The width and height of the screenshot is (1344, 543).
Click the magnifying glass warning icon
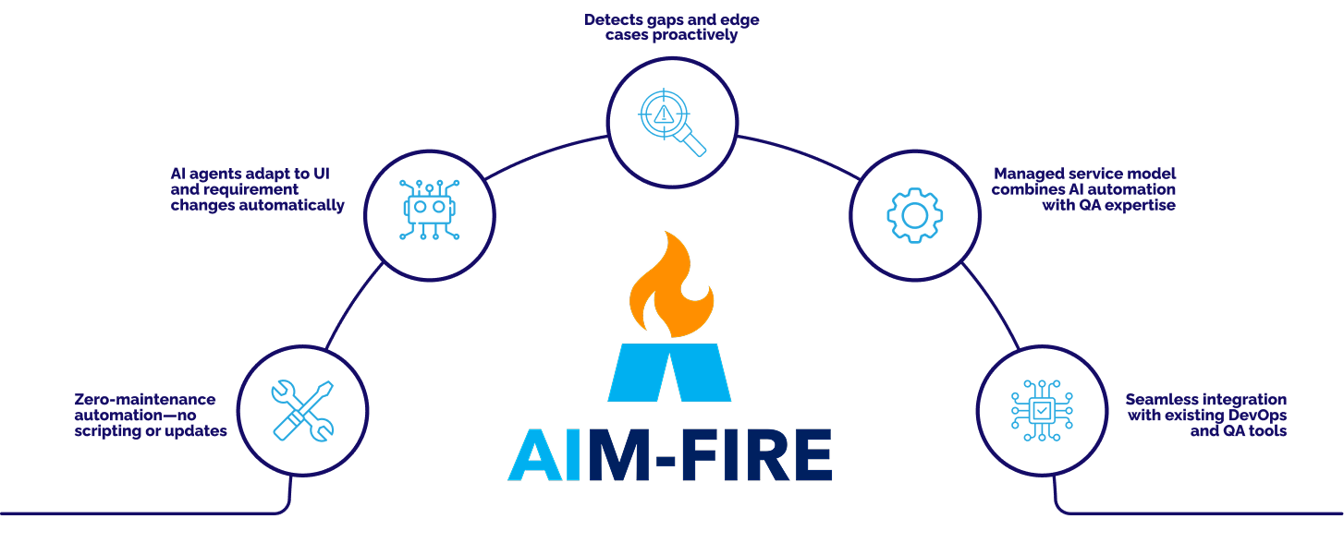tap(672, 122)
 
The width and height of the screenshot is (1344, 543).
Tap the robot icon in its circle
tap(429, 213)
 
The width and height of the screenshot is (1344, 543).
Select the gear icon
tap(914, 215)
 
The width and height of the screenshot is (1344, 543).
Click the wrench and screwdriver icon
tap(302, 409)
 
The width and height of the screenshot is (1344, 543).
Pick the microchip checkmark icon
tap(1041, 410)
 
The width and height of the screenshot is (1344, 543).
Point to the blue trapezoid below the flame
tap(669, 372)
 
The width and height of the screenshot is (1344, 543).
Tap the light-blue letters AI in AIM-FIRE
tap(547, 454)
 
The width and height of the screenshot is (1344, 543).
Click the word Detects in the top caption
tap(613, 19)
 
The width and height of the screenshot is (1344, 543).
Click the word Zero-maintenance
tap(144, 400)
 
